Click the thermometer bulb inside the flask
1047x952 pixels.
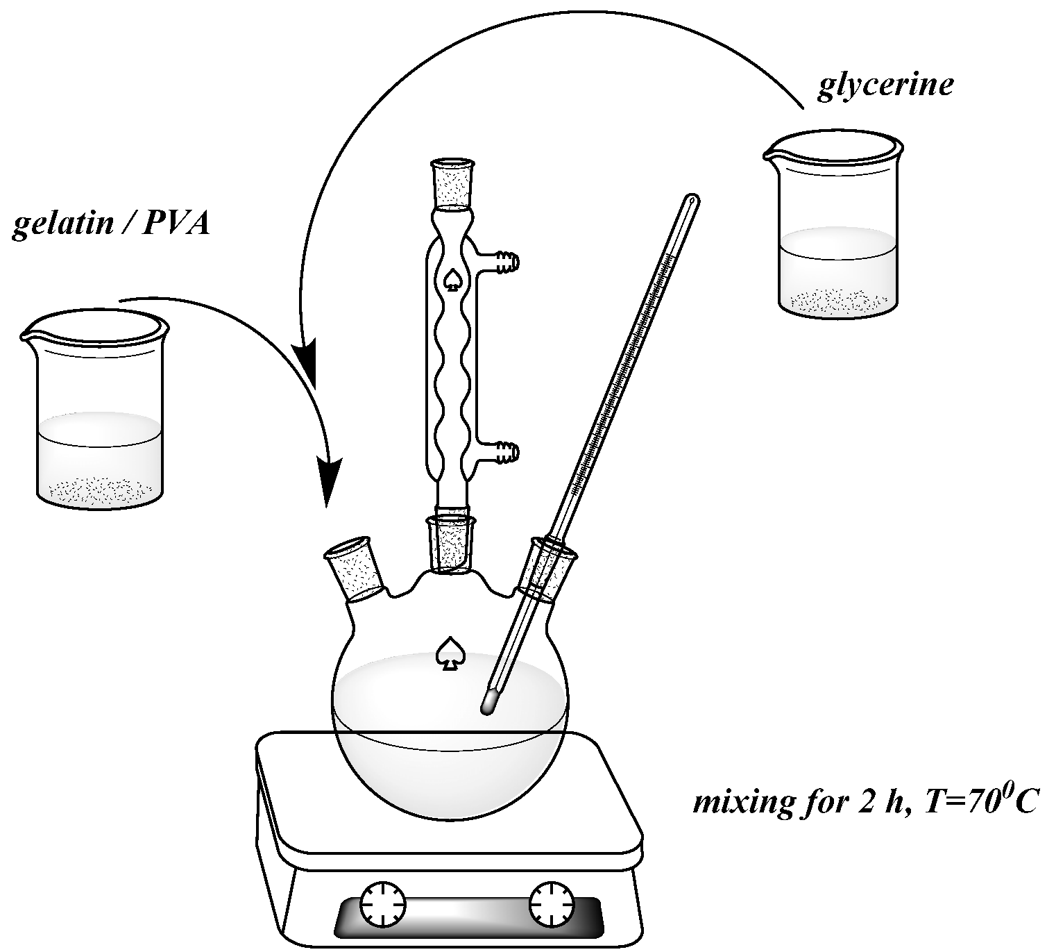(489, 701)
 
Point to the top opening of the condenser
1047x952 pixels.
(454, 165)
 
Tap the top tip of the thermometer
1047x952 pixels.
(691, 199)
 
